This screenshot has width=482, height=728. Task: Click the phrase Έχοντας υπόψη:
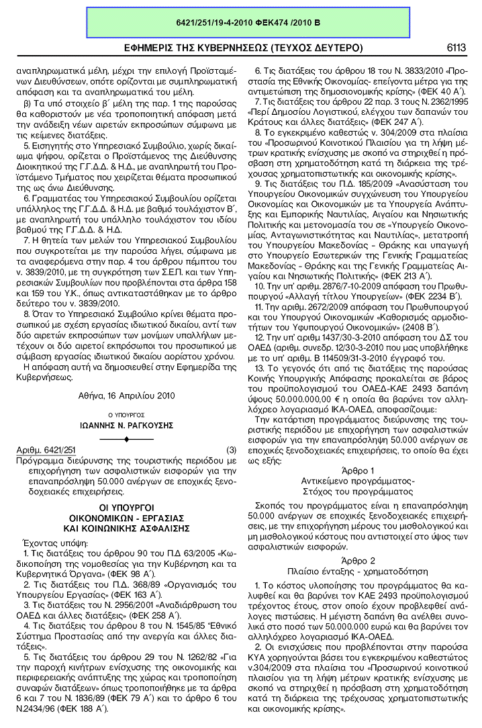pyautogui.click(x=50, y=541)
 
